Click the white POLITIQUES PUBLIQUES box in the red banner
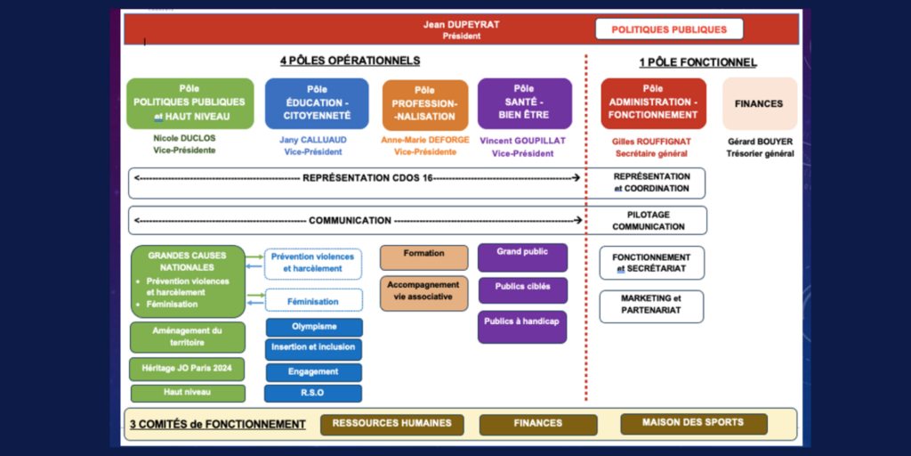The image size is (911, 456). click(669, 29)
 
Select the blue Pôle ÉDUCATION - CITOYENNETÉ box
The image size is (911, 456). click(317, 103)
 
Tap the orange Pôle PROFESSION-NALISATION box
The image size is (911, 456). click(424, 104)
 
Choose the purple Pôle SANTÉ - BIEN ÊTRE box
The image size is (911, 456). click(524, 103)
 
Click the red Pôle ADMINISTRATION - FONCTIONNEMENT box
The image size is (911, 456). click(653, 103)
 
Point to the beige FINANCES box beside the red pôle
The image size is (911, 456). click(759, 103)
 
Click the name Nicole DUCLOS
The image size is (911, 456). click(184, 139)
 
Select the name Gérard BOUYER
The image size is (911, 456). click(760, 142)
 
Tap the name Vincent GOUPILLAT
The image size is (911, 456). click(523, 141)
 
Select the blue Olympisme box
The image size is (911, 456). click(313, 327)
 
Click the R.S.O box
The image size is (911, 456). click(313, 393)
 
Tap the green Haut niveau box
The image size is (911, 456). click(188, 393)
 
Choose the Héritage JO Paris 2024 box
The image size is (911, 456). click(188, 367)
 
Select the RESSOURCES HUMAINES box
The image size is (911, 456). click(391, 424)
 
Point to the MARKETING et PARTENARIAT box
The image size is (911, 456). click(651, 305)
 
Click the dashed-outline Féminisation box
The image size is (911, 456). click(313, 301)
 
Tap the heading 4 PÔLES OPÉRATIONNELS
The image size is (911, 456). click(350, 61)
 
